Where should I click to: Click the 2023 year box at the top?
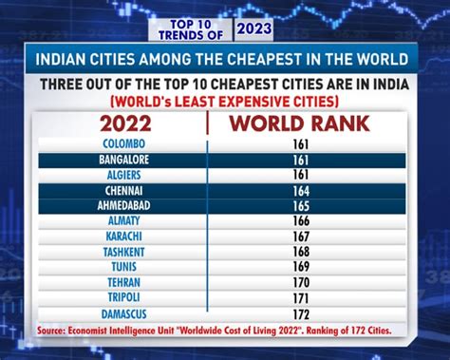pos(253,27)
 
